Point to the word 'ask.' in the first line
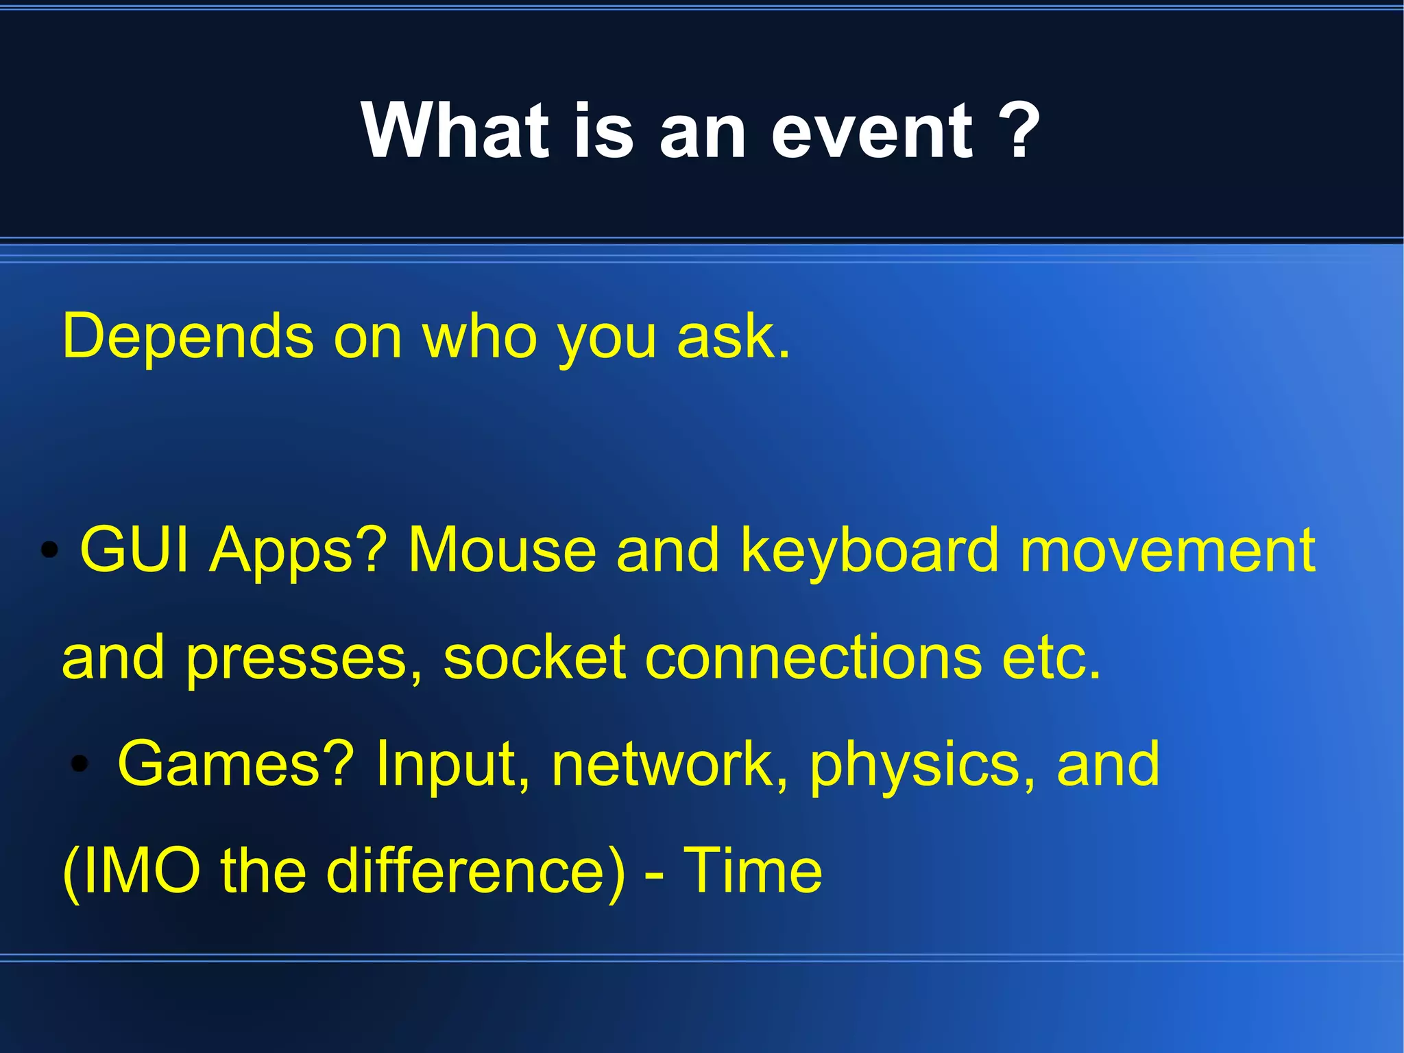734,337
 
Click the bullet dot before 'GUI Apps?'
49,550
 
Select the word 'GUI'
134,550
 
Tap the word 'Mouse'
502,550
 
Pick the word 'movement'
1167,550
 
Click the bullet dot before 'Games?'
80,764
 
